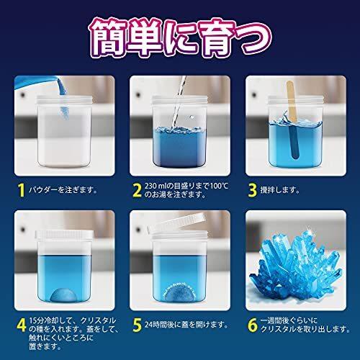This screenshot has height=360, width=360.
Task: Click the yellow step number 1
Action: (22, 190)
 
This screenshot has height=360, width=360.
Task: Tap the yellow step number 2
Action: (138, 190)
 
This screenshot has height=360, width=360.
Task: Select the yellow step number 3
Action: (253, 190)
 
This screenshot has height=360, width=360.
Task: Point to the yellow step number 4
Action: (22, 325)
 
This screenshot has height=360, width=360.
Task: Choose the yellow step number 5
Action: (138, 325)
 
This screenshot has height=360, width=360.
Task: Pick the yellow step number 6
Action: (253, 325)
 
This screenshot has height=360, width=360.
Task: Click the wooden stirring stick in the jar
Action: (293, 120)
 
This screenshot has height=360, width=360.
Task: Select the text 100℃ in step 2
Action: (219, 186)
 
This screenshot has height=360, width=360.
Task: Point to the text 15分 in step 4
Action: (36, 320)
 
